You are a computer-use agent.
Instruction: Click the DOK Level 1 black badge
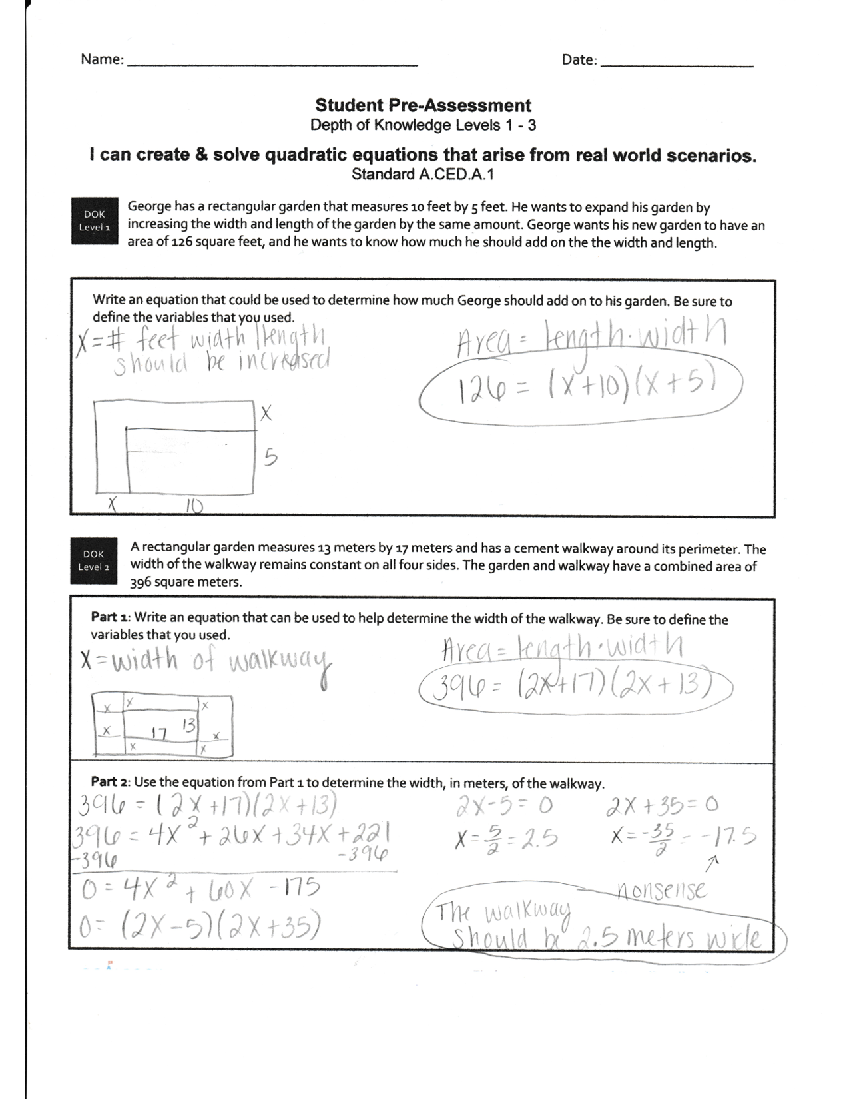(x=94, y=221)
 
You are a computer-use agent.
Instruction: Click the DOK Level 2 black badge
(x=94, y=561)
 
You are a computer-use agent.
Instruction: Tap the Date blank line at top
(x=677, y=65)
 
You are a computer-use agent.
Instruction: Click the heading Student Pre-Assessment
(x=423, y=105)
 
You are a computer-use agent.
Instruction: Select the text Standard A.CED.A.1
(x=423, y=175)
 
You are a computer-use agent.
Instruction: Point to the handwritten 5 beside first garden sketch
(x=270, y=458)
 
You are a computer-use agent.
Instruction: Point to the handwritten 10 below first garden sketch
(x=193, y=508)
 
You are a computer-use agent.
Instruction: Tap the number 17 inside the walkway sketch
(x=158, y=733)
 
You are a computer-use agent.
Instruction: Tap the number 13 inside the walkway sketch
(x=188, y=725)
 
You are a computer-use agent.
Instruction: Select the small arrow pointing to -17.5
(x=712, y=863)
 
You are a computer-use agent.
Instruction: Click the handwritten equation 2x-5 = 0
(x=505, y=807)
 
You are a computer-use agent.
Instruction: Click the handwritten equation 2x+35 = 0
(x=662, y=807)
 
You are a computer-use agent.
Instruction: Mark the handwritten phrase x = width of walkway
(x=203, y=661)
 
